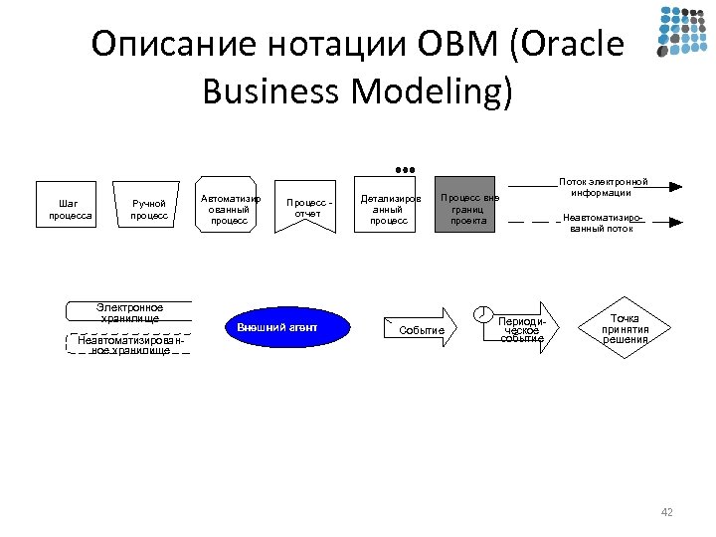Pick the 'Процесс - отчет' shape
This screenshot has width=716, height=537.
tap(307, 207)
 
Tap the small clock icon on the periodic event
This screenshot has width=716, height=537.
tap(482, 313)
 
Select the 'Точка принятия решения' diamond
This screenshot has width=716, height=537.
tap(625, 328)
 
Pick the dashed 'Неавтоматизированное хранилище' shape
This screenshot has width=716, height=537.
tap(129, 344)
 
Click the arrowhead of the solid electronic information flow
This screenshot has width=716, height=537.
tap(675, 186)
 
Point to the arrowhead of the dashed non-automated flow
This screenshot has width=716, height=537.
tap(675, 222)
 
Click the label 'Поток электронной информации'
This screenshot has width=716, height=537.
tap(603, 187)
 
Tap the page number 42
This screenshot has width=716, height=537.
tap(666, 512)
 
